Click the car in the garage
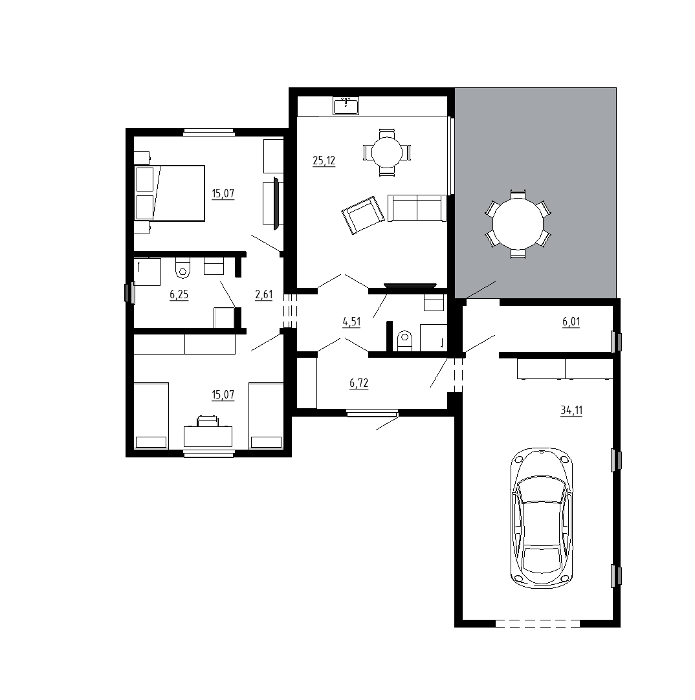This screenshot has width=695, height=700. [x=542, y=518]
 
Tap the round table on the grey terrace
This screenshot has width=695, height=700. [x=518, y=224]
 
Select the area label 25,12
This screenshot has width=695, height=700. [x=324, y=160]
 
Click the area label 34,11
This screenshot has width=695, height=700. [x=571, y=410]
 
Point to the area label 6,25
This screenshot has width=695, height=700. [x=179, y=294]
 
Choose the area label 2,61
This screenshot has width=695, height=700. [x=263, y=294]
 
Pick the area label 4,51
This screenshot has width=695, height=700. [x=351, y=322]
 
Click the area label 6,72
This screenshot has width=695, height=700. [x=359, y=383]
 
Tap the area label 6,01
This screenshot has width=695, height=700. [x=571, y=322]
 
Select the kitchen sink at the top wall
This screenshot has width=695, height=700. [x=346, y=106]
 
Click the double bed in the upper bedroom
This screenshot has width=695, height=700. [x=170, y=193]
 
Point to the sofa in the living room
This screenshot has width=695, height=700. [x=417, y=208]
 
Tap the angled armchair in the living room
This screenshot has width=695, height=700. [x=362, y=215]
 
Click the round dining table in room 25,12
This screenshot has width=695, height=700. [x=387, y=152]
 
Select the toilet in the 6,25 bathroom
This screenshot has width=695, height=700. [x=182, y=267]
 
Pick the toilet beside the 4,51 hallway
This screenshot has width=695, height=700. [x=404, y=341]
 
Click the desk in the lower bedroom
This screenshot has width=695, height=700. [x=208, y=436]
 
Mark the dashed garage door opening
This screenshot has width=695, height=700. [x=537, y=623]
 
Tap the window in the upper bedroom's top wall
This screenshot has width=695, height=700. [x=208, y=132]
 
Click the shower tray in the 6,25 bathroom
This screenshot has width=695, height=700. [x=148, y=272]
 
